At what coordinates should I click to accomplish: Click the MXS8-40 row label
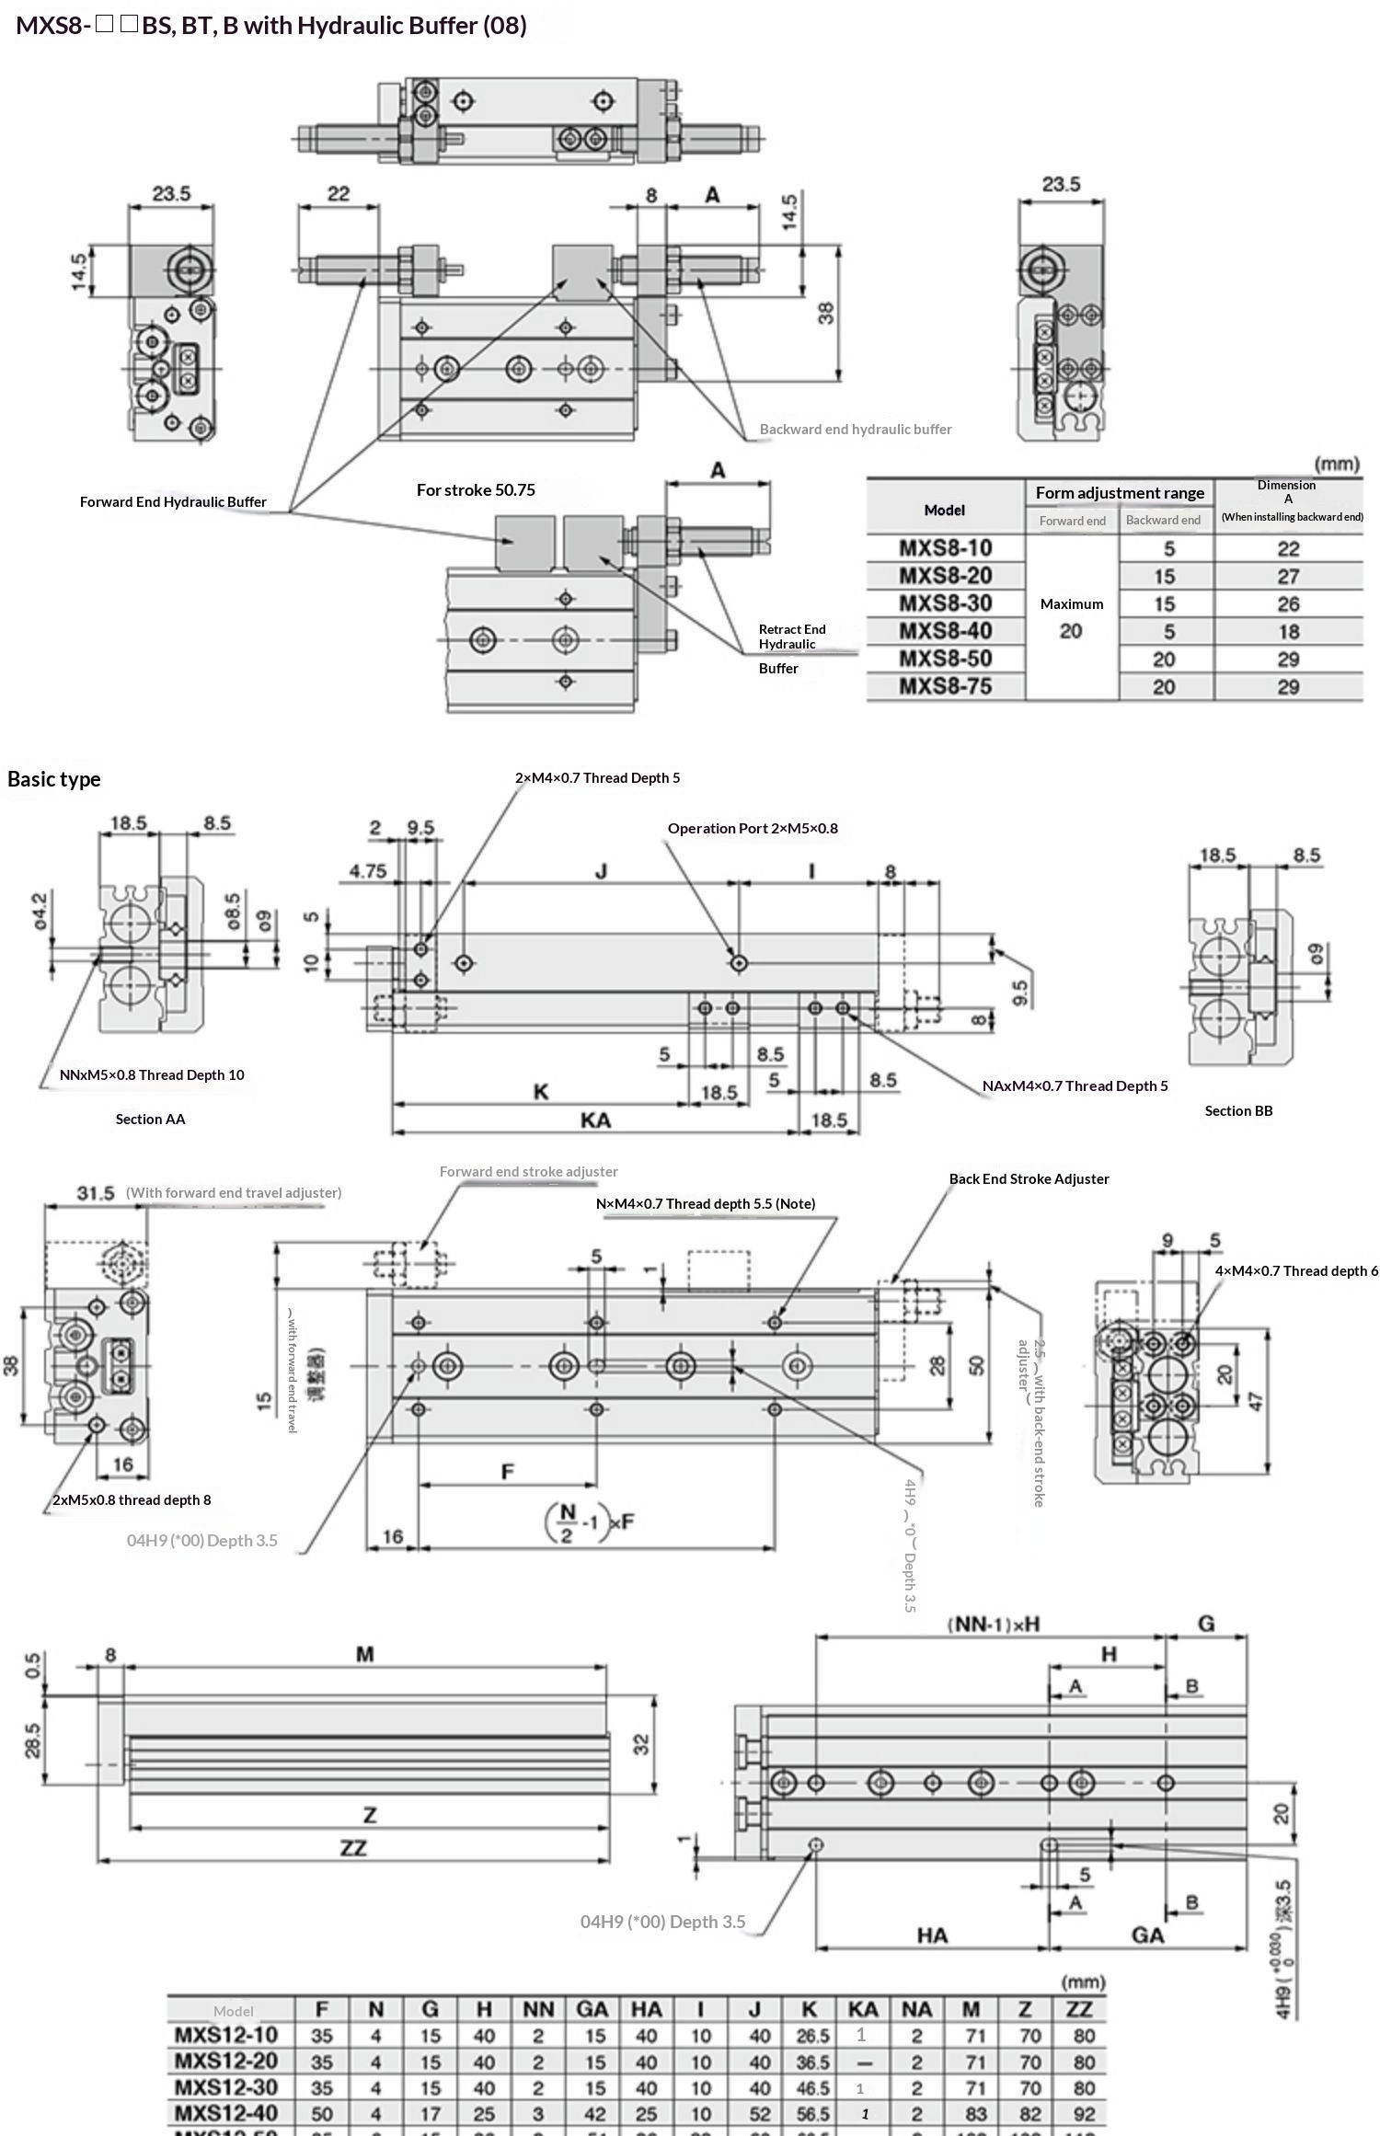pyautogui.click(x=945, y=631)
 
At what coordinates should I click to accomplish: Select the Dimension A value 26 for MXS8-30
pyautogui.click(x=1288, y=604)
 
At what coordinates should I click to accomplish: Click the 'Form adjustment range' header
pyautogui.click(x=1120, y=493)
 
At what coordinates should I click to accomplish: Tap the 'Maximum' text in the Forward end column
pyautogui.click(x=1072, y=604)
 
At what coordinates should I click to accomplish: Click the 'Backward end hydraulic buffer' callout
pyautogui.click(x=856, y=430)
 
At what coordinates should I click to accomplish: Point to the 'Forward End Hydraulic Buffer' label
pyautogui.click(x=173, y=502)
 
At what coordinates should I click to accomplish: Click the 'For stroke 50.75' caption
pyautogui.click(x=476, y=490)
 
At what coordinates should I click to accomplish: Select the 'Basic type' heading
pyautogui.click(x=54, y=779)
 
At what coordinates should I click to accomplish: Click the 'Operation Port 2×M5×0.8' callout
pyautogui.click(x=753, y=829)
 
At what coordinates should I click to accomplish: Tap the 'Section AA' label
pyautogui.click(x=150, y=1120)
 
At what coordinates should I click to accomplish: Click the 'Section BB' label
pyautogui.click(x=1238, y=1111)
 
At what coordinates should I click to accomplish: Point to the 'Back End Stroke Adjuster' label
pyautogui.click(x=1029, y=1179)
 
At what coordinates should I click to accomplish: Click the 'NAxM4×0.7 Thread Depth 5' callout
pyautogui.click(x=1075, y=1086)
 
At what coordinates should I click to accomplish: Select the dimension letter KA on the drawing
pyautogui.click(x=595, y=1120)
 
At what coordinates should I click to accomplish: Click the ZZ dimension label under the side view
pyautogui.click(x=353, y=1848)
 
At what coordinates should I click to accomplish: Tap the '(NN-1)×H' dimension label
pyautogui.click(x=993, y=1625)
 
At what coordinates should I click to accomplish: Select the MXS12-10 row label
pyautogui.click(x=226, y=2035)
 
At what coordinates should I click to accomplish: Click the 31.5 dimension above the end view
pyautogui.click(x=96, y=1193)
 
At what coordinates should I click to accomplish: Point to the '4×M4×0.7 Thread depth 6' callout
pyautogui.click(x=1296, y=1271)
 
